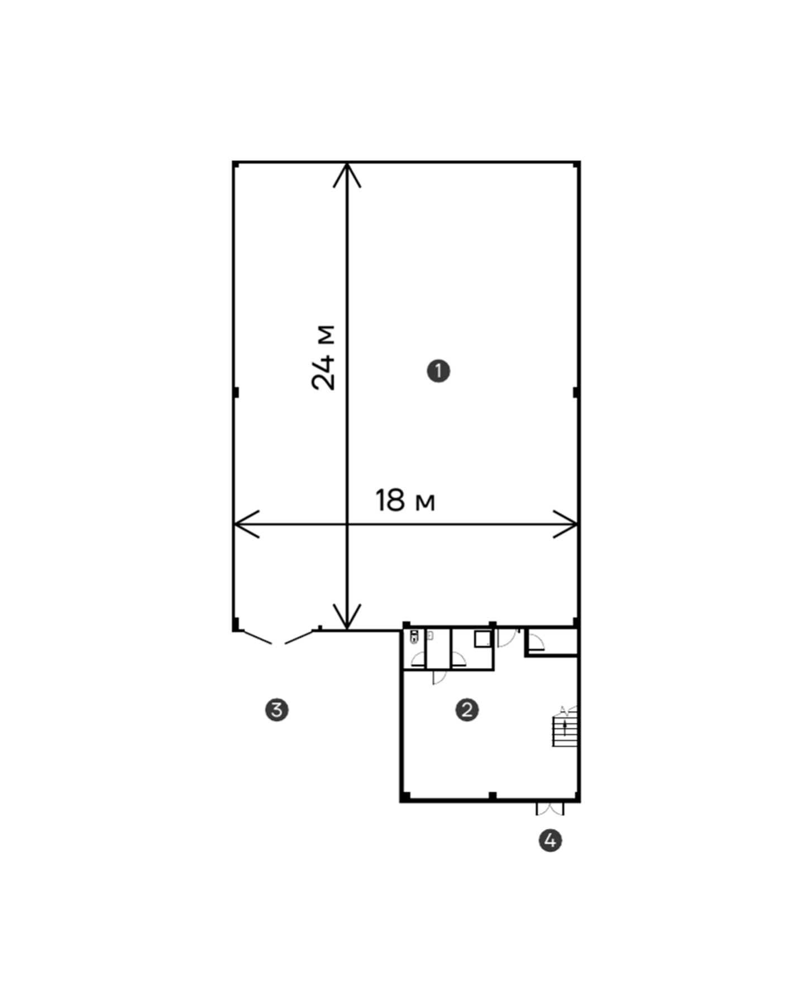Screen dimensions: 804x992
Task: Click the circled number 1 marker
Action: [x=438, y=371]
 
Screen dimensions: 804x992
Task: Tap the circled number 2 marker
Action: [x=467, y=710]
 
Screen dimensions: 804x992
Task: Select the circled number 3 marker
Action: [x=277, y=710]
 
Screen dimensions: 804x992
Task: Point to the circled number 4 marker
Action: [x=550, y=840]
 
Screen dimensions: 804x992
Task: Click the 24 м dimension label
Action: [x=324, y=357]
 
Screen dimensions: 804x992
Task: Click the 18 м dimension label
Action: [x=405, y=500]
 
